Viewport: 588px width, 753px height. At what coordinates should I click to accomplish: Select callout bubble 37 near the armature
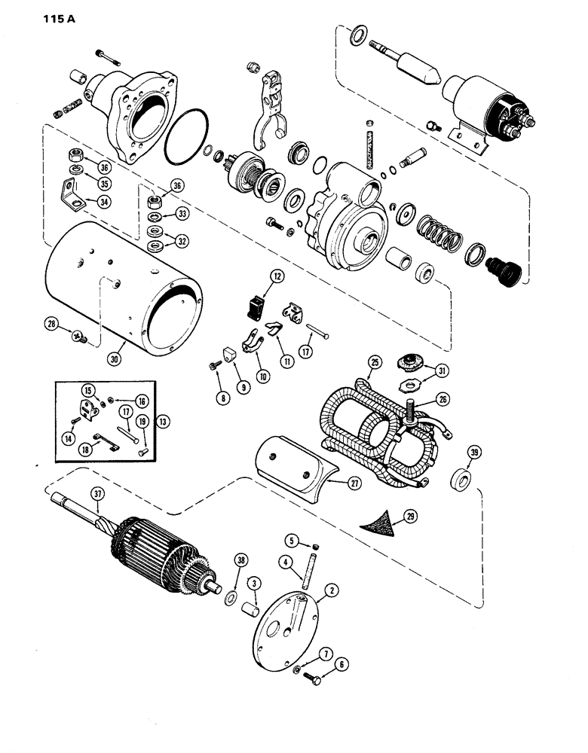click(96, 494)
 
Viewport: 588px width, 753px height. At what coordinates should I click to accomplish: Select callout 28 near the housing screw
click(51, 324)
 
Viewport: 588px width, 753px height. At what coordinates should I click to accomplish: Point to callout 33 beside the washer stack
click(181, 215)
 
